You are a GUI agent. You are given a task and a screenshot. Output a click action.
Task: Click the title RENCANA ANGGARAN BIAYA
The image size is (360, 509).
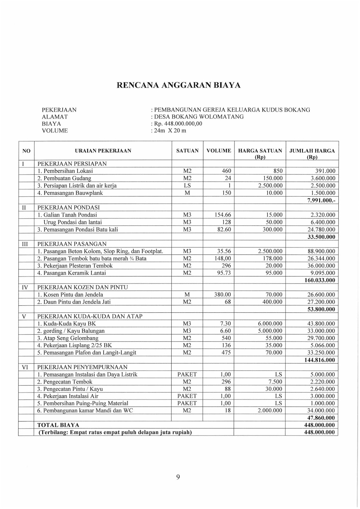coord(179,85)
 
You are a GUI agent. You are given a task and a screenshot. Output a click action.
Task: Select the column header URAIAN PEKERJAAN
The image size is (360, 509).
coord(103,151)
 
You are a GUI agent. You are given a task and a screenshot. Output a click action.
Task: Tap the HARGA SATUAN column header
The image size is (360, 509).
coord(260,151)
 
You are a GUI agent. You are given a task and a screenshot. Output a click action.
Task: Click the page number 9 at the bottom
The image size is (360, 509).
coord(178,476)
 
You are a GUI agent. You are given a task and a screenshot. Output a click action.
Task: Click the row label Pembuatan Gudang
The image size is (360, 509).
coord(64,178)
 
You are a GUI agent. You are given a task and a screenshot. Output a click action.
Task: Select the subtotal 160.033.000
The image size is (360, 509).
coord(318,280)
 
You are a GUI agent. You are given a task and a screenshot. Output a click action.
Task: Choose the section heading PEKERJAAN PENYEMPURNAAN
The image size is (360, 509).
coord(82,367)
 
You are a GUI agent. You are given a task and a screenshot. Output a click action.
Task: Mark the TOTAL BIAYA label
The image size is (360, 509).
coord(58,425)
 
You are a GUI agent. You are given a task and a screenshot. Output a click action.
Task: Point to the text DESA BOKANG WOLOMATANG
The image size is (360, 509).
coord(199,117)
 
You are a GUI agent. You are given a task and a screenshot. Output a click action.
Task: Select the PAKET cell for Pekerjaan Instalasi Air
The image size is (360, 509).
coord(187,396)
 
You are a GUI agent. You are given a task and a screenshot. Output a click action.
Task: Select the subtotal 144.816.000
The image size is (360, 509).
coord(318,360)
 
